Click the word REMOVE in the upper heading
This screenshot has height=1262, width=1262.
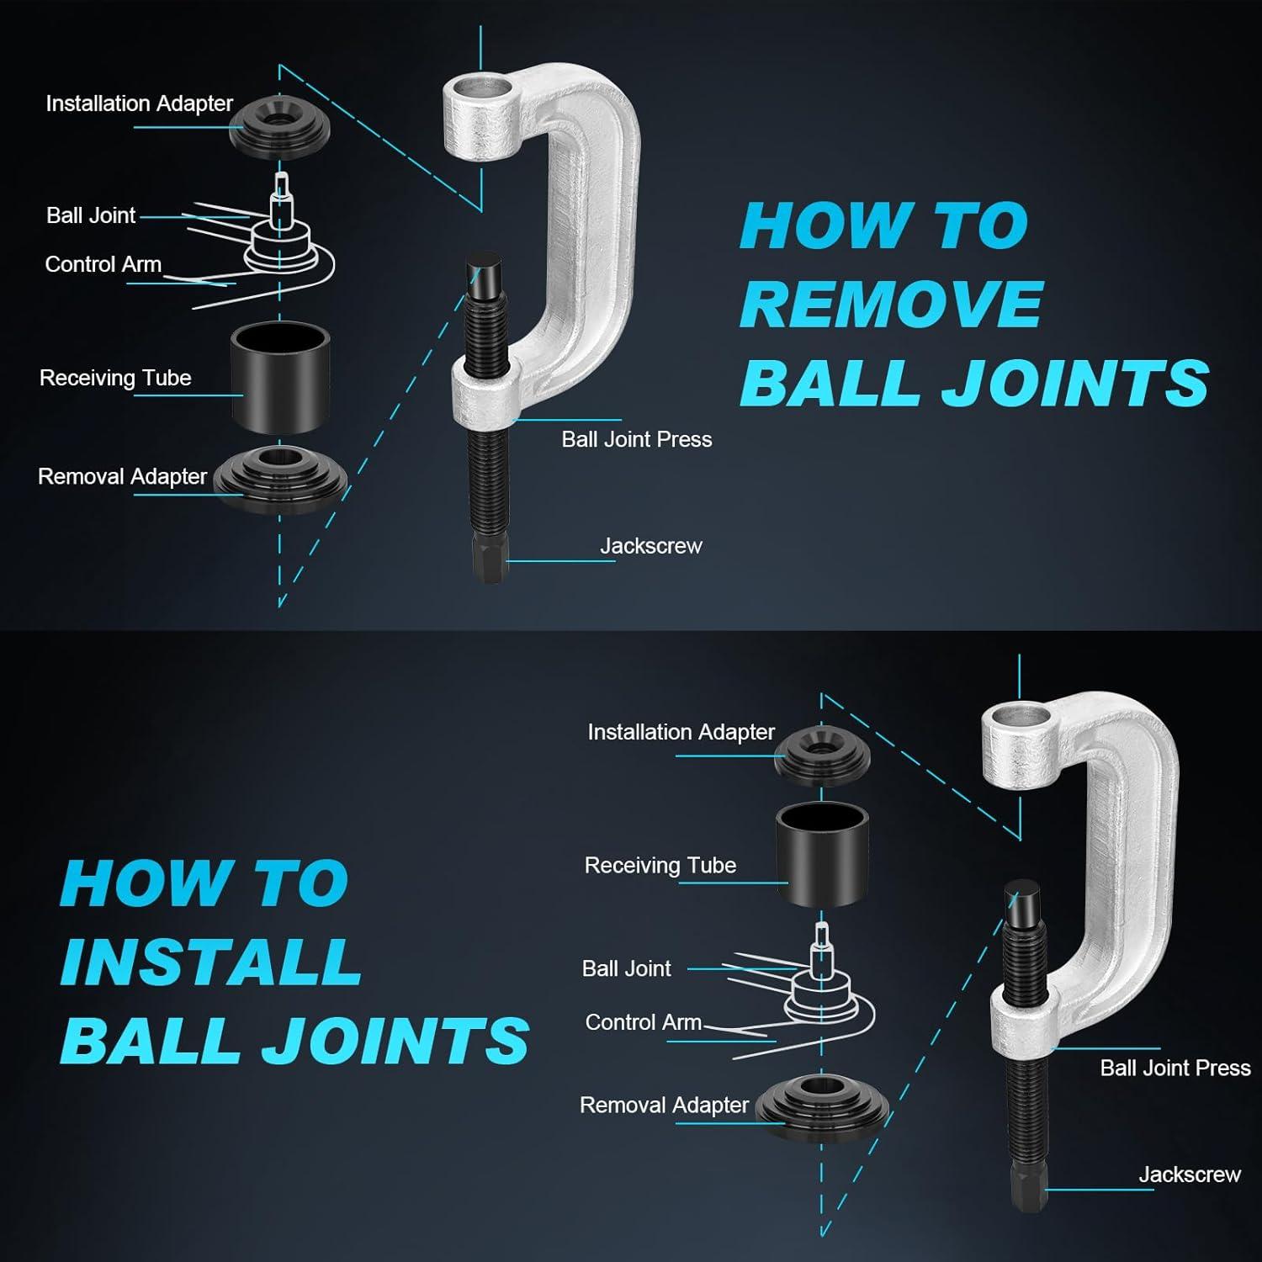[892, 304]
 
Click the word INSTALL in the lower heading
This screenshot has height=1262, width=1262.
[211, 961]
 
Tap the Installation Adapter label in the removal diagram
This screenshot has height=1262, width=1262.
[139, 103]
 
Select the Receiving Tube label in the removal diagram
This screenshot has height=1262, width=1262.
[115, 378]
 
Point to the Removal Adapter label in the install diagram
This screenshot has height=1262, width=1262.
[664, 1105]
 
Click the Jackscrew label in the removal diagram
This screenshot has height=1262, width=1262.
[650, 545]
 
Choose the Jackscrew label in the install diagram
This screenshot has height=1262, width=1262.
[1190, 1175]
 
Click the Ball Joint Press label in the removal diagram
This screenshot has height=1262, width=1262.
[637, 439]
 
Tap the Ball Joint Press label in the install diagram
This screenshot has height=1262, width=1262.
[1175, 1068]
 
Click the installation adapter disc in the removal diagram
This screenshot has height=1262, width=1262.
[280, 126]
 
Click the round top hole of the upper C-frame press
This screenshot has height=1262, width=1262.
[479, 87]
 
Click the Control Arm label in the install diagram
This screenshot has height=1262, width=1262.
[644, 1022]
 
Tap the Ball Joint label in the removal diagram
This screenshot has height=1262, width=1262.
[91, 215]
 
